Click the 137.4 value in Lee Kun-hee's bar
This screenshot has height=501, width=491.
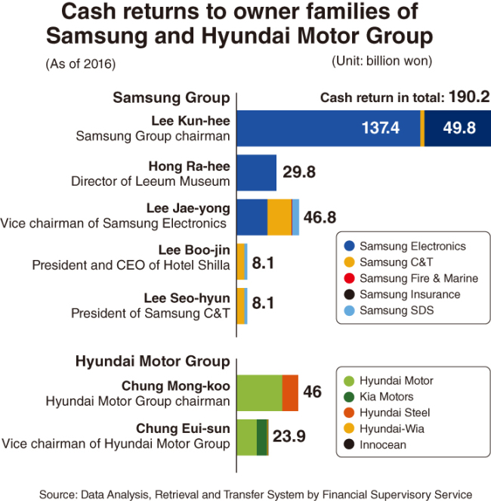(x=380, y=128)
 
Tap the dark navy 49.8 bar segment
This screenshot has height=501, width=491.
(x=458, y=128)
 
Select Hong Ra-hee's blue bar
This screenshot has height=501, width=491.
(x=257, y=173)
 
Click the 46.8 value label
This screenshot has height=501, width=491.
(x=320, y=218)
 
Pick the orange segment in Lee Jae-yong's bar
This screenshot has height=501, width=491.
(x=279, y=218)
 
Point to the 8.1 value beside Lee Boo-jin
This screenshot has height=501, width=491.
(x=263, y=263)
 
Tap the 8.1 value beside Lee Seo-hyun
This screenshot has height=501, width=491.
(x=263, y=303)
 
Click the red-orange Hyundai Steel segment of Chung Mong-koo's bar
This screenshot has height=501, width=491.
(x=290, y=393)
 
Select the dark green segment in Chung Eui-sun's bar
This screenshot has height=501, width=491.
(x=261, y=438)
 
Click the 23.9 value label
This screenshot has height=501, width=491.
(x=289, y=436)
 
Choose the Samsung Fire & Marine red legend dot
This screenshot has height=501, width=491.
(x=349, y=278)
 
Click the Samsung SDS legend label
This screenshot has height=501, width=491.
(x=397, y=311)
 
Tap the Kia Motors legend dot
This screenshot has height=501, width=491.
(x=349, y=397)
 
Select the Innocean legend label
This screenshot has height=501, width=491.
(x=383, y=445)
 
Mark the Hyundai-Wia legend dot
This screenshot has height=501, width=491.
(x=349, y=428)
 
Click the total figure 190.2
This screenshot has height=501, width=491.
(x=469, y=97)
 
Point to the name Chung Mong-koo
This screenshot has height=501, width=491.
(x=176, y=386)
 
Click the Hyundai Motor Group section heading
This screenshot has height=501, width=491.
(x=153, y=361)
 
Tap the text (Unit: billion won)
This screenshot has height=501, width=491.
(x=382, y=60)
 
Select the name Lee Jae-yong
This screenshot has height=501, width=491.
(x=189, y=209)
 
